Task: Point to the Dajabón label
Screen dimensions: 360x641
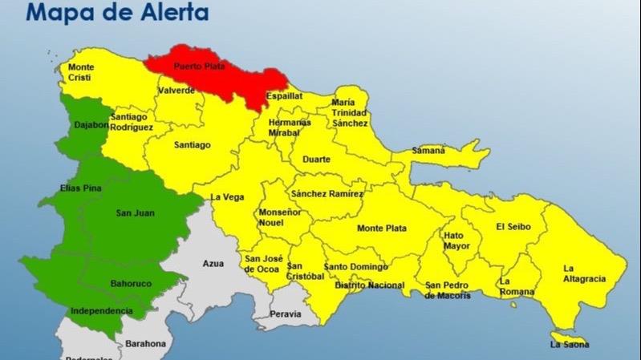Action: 91,124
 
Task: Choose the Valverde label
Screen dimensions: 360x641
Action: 176,91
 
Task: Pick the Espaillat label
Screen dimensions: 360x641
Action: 285,95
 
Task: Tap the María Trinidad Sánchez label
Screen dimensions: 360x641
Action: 350,113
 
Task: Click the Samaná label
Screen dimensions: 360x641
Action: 428,150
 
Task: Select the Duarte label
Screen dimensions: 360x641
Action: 316,160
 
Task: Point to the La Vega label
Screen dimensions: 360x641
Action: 227,197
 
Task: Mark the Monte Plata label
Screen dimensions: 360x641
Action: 382,229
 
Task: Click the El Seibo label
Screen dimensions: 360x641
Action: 512,226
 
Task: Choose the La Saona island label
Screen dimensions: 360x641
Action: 570,345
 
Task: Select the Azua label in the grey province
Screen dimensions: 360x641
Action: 213,263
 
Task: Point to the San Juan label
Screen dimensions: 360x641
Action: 136,212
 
